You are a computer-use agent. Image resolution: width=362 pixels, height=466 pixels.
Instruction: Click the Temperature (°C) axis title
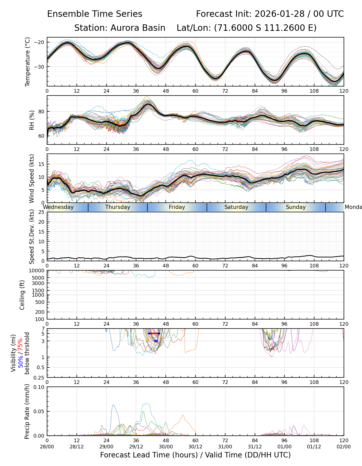pyautogui.click(x=28, y=62)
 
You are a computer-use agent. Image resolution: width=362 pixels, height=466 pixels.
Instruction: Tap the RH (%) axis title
pyautogui.click(x=32, y=120)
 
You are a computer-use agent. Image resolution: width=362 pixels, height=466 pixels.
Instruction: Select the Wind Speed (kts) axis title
pyautogui.click(x=32, y=178)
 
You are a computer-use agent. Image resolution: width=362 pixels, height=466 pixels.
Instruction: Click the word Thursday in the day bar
pyautogui.click(x=118, y=207)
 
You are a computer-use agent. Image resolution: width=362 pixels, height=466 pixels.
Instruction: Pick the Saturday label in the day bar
pyautogui.click(x=236, y=207)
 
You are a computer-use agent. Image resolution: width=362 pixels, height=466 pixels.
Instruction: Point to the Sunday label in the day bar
pyautogui.click(x=296, y=207)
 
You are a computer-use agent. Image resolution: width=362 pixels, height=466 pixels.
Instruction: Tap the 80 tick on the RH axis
pyautogui.click(x=42, y=112)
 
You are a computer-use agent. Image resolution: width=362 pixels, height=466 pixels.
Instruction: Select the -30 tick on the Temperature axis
pyautogui.click(x=40, y=67)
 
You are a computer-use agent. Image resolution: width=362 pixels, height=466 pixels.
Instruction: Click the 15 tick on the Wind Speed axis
pyautogui.click(x=42, y=164)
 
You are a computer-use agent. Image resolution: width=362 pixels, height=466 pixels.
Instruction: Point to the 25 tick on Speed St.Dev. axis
pyautogui.click(x=42, y=212)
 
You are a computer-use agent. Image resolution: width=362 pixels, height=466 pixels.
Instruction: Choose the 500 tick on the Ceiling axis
pyautogui.click(x=40, y=302)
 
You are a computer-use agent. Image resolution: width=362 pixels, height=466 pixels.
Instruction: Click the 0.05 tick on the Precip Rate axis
pyautogui.click(x=39, y=411)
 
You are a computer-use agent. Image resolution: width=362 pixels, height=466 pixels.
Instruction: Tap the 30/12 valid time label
pyautogui.click(x=195, y=447)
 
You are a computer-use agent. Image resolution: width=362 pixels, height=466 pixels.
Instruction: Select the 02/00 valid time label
pyautogui.click(x=344, y=447)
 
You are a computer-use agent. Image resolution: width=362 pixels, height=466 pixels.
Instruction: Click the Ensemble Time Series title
pyautogui.click(x=95, y=14)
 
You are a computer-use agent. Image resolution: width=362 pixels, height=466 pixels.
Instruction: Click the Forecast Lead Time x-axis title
pyautogui.click(x=195, y=455)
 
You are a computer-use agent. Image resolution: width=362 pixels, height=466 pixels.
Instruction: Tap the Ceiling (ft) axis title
pyautogui.click(x=22, y=295)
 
